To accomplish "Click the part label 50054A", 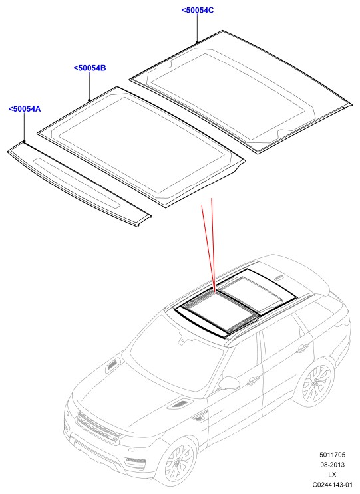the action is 25,109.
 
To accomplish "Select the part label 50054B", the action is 90,68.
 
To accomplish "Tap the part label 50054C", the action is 198,11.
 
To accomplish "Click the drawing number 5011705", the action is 332,455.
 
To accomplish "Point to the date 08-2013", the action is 332,465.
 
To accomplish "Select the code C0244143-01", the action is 332,485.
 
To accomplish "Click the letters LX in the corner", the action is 332,475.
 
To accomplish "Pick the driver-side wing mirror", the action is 230,384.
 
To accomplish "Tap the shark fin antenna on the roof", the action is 279,278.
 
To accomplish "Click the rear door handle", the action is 302,348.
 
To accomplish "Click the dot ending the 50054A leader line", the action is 24,142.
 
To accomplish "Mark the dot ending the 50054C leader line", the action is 198,41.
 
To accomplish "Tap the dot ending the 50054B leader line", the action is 90,100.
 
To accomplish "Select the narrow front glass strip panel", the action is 79,184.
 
